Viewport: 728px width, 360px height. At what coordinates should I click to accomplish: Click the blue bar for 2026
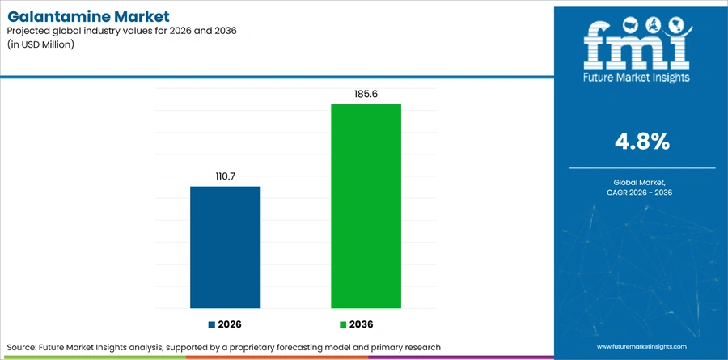click(225, 247)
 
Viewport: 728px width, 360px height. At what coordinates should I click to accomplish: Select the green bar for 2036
click(366, 206)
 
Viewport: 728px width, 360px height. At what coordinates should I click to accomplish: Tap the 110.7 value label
click(225, 176)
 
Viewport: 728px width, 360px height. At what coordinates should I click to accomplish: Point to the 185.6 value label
click(366, 94)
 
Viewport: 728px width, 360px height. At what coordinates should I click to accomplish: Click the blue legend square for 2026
click(212, 324)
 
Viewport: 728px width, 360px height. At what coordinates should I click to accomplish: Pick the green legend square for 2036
click(343, 324)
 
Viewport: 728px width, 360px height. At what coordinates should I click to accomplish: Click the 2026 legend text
click(230, 324)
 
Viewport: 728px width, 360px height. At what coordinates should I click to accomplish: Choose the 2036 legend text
click(362, 324)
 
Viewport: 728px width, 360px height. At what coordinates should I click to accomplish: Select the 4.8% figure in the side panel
click(642, 142)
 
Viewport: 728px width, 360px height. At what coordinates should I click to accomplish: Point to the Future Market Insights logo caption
click(636, 78)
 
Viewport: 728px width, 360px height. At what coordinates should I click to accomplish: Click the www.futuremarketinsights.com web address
click(641, 346)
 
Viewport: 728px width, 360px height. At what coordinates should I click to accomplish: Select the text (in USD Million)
click(41, 45)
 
